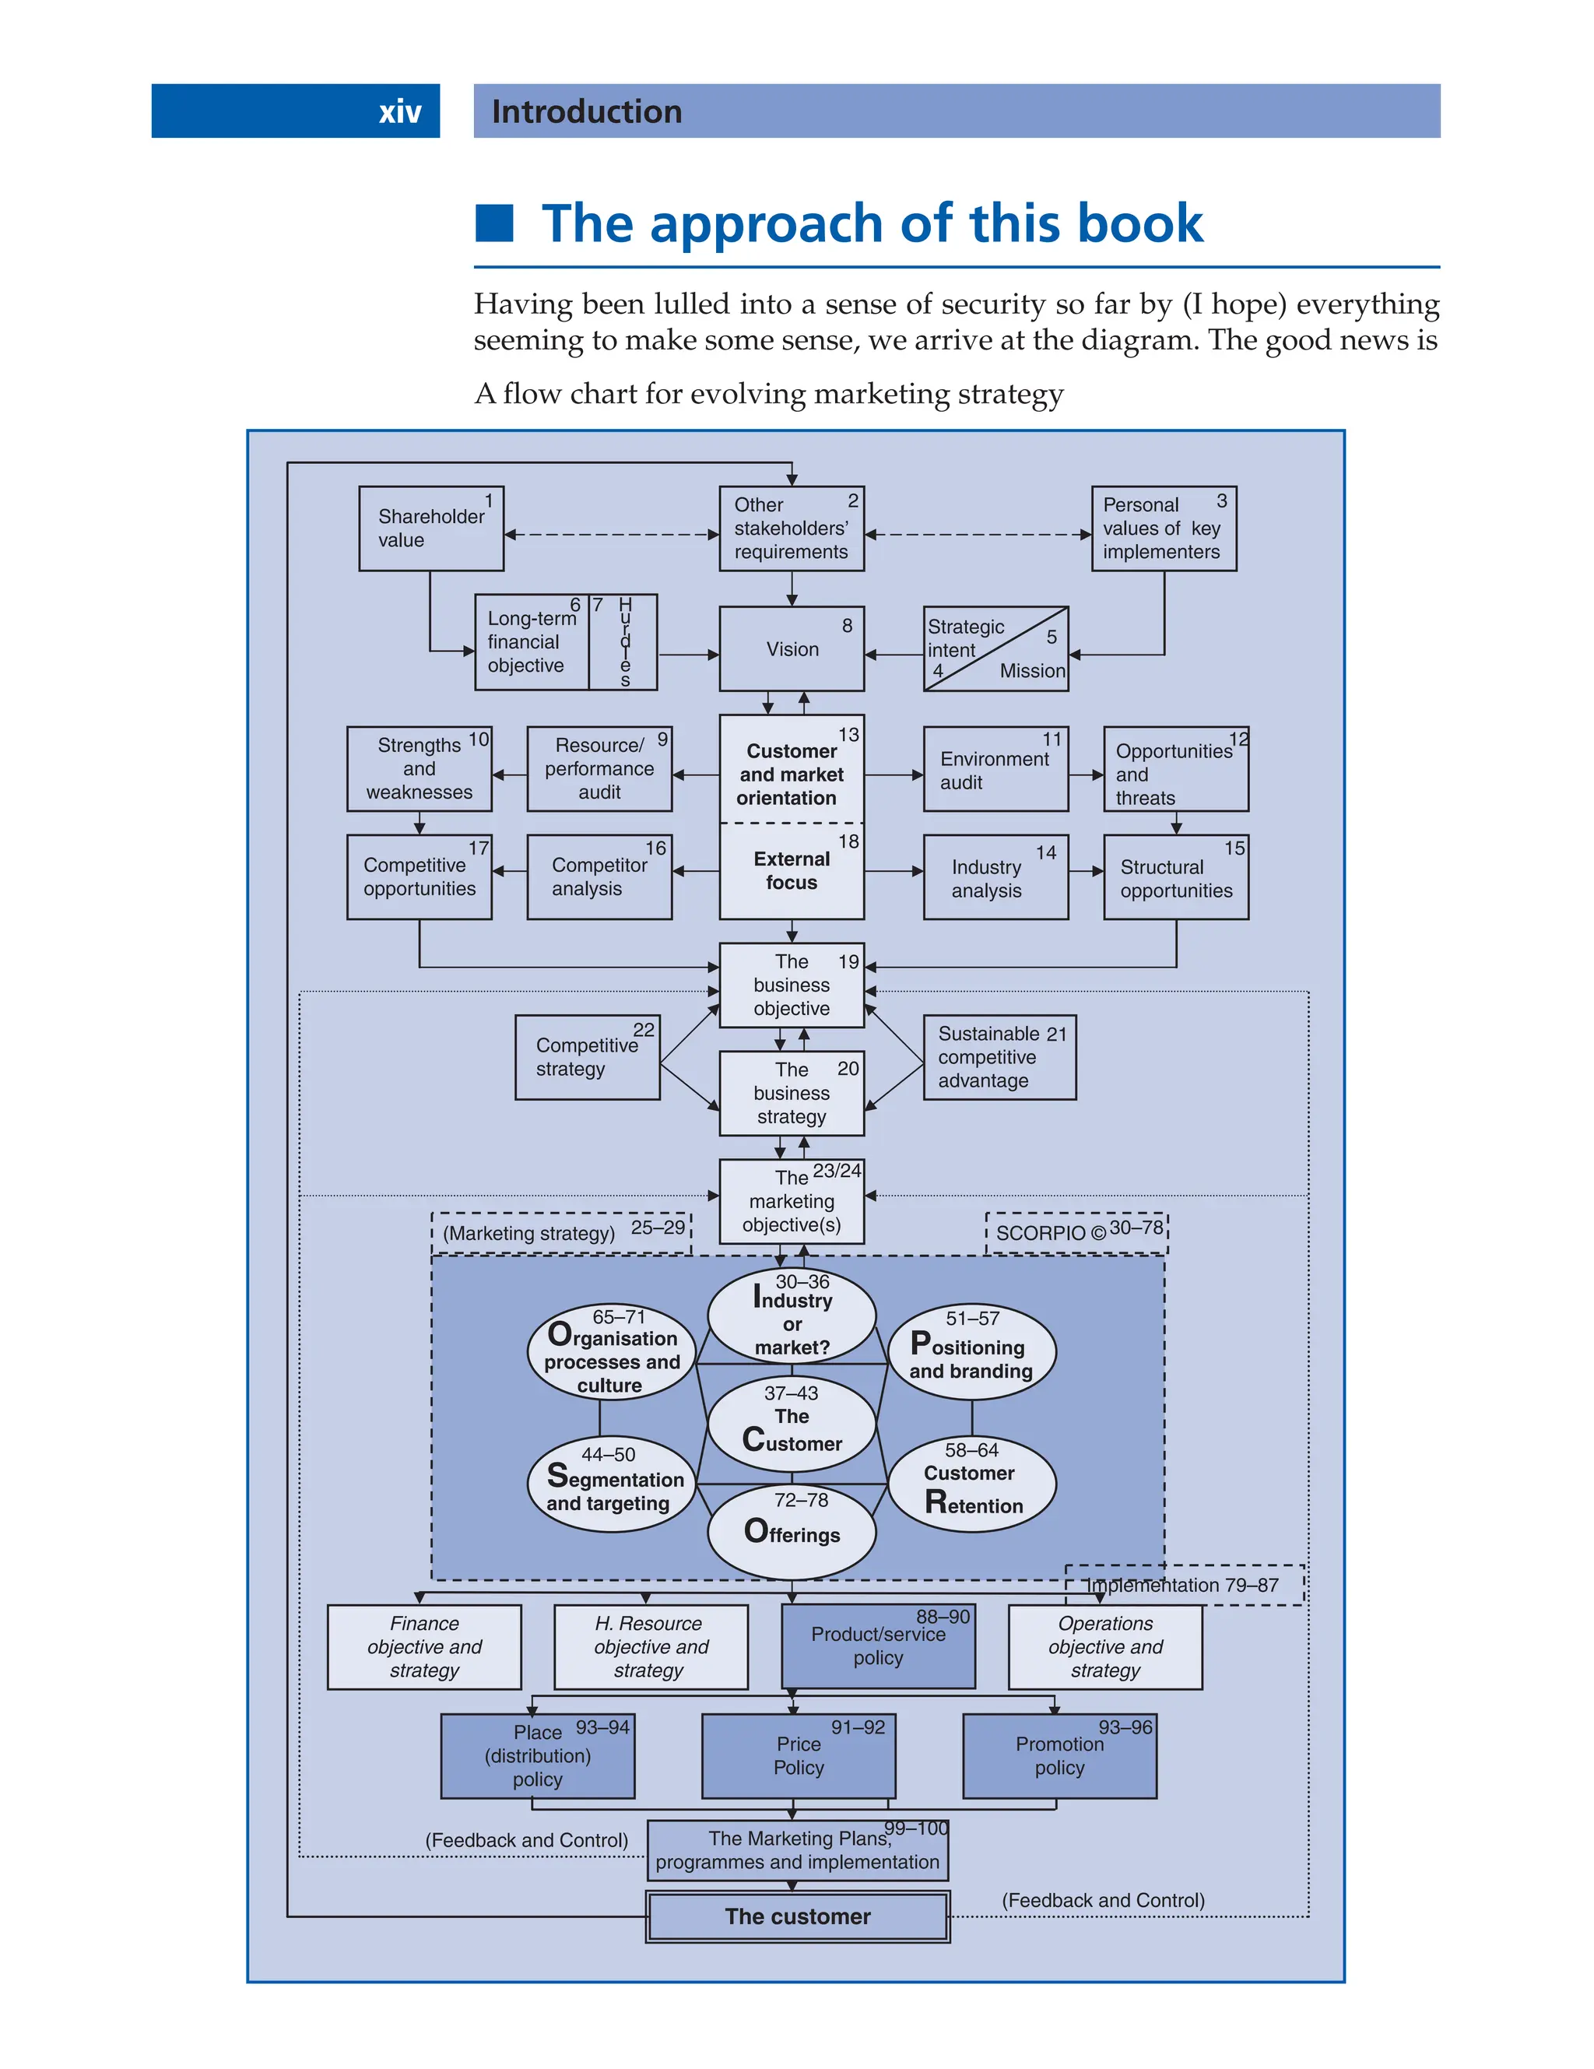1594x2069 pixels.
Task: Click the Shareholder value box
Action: click(431, 529)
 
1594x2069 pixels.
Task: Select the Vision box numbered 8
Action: click(792, 649)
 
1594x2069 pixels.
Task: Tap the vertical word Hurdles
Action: click(624, 641)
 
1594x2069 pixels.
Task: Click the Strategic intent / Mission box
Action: click(995, 649)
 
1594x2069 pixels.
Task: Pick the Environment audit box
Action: click(995, 770)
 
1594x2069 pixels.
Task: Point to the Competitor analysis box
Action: click(599, 877)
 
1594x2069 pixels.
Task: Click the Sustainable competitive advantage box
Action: click(999, 1057)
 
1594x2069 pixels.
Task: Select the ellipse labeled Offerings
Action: click(792, 1532)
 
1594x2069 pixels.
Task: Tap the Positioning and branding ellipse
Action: click(971, 1352)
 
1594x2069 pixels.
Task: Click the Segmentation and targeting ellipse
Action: click(611, 1484)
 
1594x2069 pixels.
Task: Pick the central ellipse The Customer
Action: click(792, 1424)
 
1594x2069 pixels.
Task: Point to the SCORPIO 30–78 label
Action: click(1077, 1232)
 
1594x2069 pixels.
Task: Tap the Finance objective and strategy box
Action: click(424, 1647)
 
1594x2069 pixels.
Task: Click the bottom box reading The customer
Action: click(798, 1916)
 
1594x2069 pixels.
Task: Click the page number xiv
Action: click(400, 112)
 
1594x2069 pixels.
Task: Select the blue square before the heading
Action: click(494, 223)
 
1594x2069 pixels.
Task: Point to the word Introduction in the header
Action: click(586, 112)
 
